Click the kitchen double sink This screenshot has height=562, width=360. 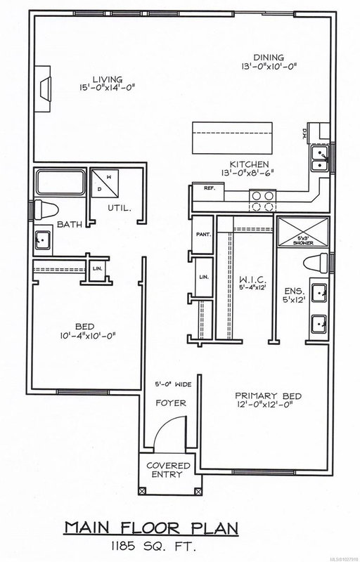tap(320, 158)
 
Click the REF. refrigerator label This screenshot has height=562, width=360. tap(210, 188)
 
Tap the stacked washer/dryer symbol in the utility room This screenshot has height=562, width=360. tap(105, 183)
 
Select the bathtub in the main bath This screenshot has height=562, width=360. tap(59, 183)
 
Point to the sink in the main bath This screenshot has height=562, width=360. tap(42, 240)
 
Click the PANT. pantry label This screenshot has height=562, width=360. tap(203, 235)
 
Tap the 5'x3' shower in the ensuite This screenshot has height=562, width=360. tap(302, 232)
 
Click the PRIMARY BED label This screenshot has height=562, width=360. tap(264, 396)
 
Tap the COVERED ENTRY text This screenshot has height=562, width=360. tap(167, 469)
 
